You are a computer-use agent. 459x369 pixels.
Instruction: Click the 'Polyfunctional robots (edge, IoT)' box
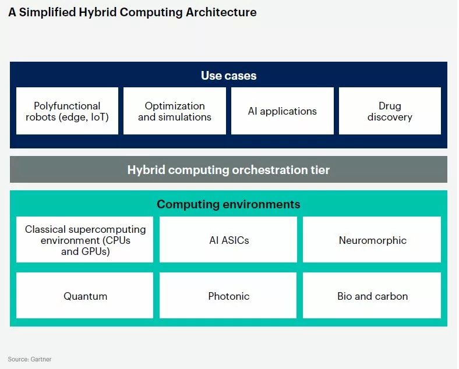(68, 111)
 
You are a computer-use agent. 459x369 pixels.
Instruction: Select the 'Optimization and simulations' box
(175, 111)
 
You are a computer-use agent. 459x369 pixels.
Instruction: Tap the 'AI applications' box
(283, 111)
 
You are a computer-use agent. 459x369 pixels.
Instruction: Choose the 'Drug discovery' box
(390, 111)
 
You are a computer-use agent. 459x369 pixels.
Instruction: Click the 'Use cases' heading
(228, 76)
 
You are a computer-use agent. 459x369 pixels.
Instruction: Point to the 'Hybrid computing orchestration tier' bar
(228, 169)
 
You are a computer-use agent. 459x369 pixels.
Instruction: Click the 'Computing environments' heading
(228, 204)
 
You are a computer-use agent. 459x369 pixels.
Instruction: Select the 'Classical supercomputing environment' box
(84, 239)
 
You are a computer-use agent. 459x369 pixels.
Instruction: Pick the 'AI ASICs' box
(228, 239)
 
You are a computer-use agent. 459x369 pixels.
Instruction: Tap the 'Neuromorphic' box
(372, 239)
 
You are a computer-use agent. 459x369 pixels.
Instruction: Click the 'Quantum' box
(84, 295)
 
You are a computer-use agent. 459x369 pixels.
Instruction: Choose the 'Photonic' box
(228, 295)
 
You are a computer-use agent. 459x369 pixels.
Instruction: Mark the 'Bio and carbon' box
(372, 295)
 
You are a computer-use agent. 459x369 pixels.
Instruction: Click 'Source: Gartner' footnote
(30, 359)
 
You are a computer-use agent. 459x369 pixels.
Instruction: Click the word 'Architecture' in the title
(221, 12)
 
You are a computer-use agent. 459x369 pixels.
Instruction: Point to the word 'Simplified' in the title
(48, 13)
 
